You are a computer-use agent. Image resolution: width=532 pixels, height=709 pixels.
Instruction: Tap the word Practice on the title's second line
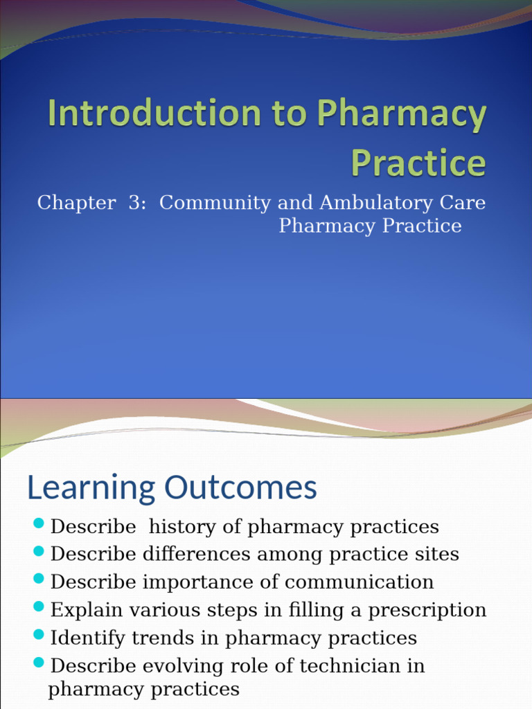point(418,163)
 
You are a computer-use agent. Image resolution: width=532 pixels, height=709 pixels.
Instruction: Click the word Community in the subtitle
point(215,203)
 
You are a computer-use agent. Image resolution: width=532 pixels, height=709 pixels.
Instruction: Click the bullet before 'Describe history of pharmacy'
point(39,522)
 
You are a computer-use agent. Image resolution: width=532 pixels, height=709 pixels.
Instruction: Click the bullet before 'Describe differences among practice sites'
point(39,550)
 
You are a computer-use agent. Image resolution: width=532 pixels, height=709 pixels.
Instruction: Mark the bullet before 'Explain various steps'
point(39,606)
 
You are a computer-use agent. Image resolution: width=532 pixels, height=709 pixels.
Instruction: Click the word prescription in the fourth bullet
point(427,610)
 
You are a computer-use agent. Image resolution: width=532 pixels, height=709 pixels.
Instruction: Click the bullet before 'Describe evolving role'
point(39,661)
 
